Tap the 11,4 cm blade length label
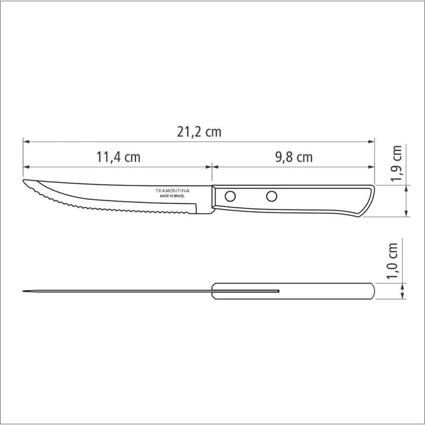(118, 157)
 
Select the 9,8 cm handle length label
(293, 157)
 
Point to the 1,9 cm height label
(397, 164)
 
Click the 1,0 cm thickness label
(393, 260)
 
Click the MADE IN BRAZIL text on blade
(173, 197)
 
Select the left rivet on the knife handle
(231, 195)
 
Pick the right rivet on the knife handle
(271, 195)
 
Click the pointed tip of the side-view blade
(24, 182)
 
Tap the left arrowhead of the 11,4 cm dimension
(26, 166)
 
